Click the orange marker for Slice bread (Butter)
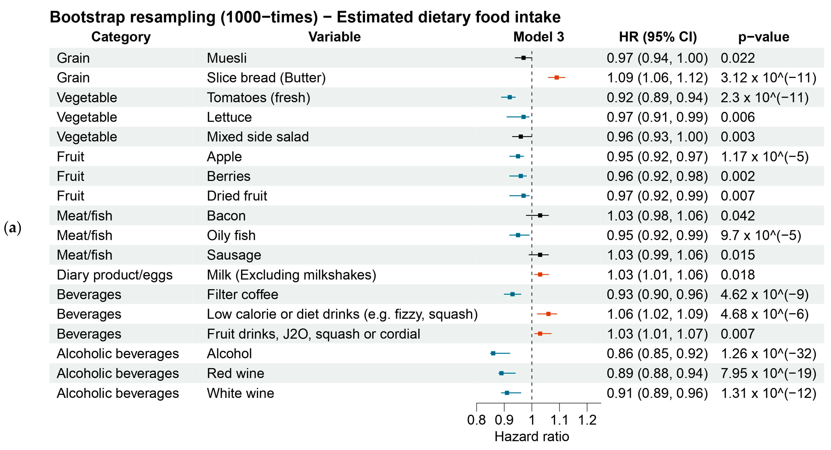[x=556, y=78]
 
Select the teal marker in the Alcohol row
[x=493, y=354]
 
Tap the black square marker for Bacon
[x=540, y=216]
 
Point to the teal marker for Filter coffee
[x=512, y=294]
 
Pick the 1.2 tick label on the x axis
[x=587, y=420]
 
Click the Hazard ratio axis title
[x=532, y=437]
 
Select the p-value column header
[x=764, y=37]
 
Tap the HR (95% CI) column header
[x=658, y=37]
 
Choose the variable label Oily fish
[x=231, y=235]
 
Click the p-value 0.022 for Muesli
[x=738, y=58]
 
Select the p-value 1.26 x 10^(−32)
[x=768, y=354]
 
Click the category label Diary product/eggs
[x=114, y=275]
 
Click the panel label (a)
[x=12, y=228]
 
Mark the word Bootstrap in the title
[x=87, y=17]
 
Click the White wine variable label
[x=240, y=393]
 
